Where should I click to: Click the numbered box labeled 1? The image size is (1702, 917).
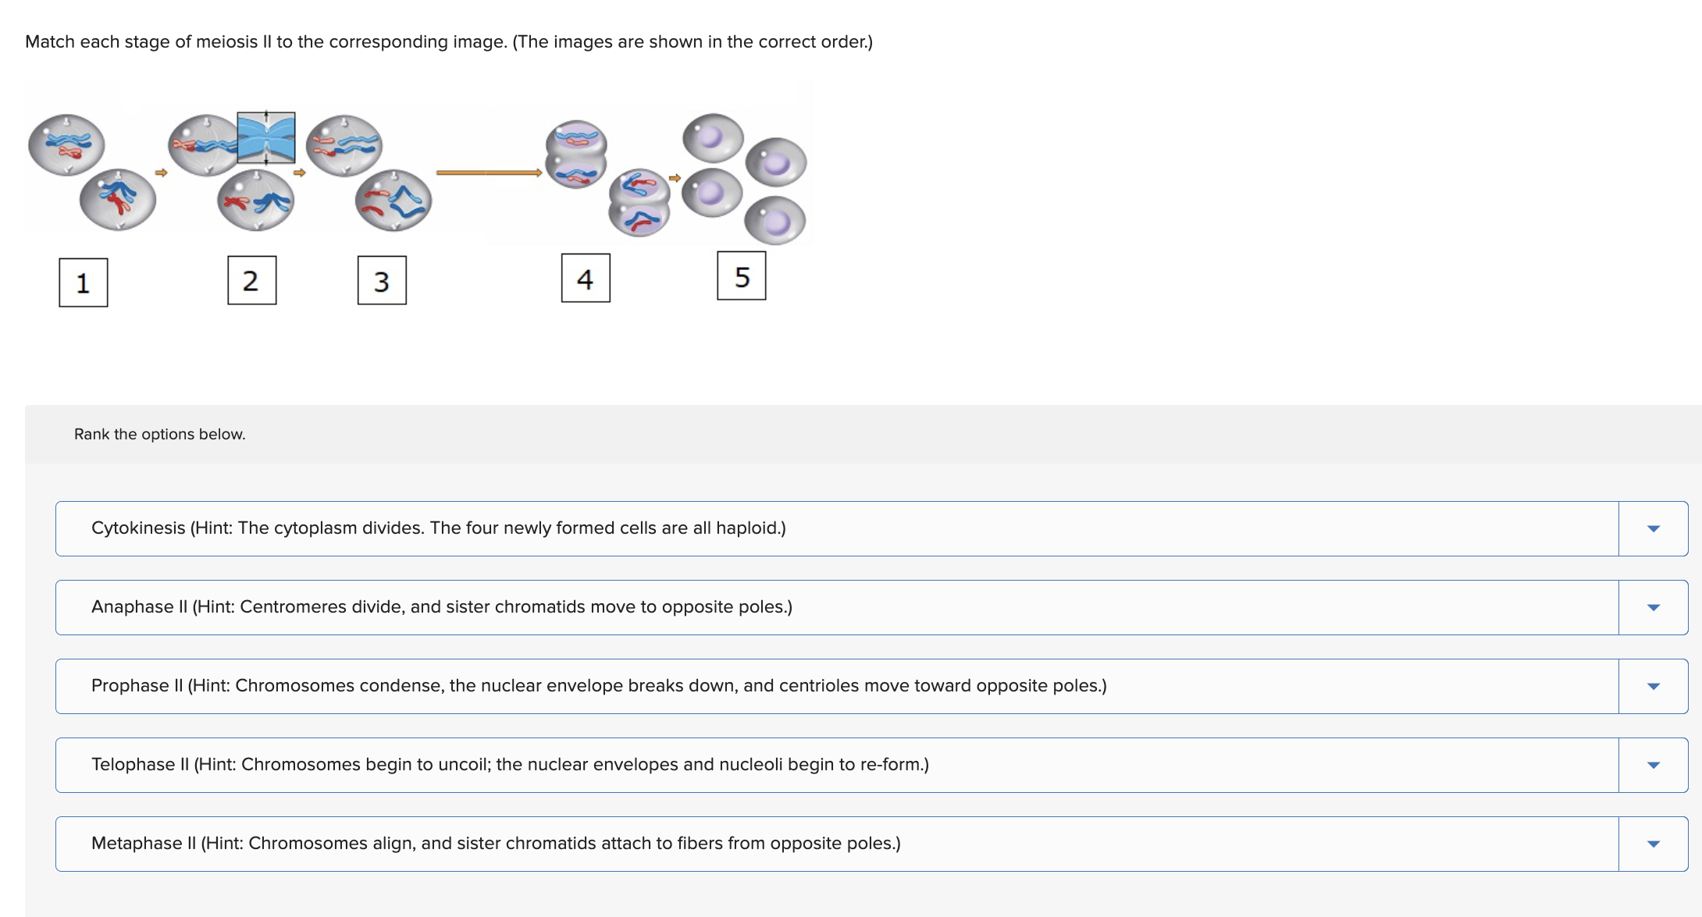click(x=84, y=283)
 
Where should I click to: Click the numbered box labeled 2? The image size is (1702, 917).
click(x=251, y=280)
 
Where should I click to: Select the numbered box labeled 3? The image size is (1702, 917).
click(x=382, y=281)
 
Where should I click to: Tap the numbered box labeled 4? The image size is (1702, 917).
click(x=586, y=278)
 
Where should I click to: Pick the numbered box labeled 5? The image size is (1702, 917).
click(x=742, y=275)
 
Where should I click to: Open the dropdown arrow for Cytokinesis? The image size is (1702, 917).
click(x=1653, y=528)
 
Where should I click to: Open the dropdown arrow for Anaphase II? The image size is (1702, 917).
click(x=1653, y=607)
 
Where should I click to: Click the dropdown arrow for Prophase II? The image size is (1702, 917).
click(x=1653, y=686)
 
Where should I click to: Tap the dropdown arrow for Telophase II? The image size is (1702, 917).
click(x=1653, y=765)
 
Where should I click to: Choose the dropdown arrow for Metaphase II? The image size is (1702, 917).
click(x=1653, y=844)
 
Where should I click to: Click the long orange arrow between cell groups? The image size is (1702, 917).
click(x=489, y=172)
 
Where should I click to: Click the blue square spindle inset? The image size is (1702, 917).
click(x=266, y=138)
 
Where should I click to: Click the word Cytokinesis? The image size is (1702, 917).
click(x=138, y=528)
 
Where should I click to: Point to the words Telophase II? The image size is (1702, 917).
click(x=140, y=765)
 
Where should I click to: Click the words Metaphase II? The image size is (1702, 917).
click(x=144, y=844)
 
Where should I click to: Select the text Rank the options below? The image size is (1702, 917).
click(x=159, y=434)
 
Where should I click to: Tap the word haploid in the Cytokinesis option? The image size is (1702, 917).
click(x=747, y=528)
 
